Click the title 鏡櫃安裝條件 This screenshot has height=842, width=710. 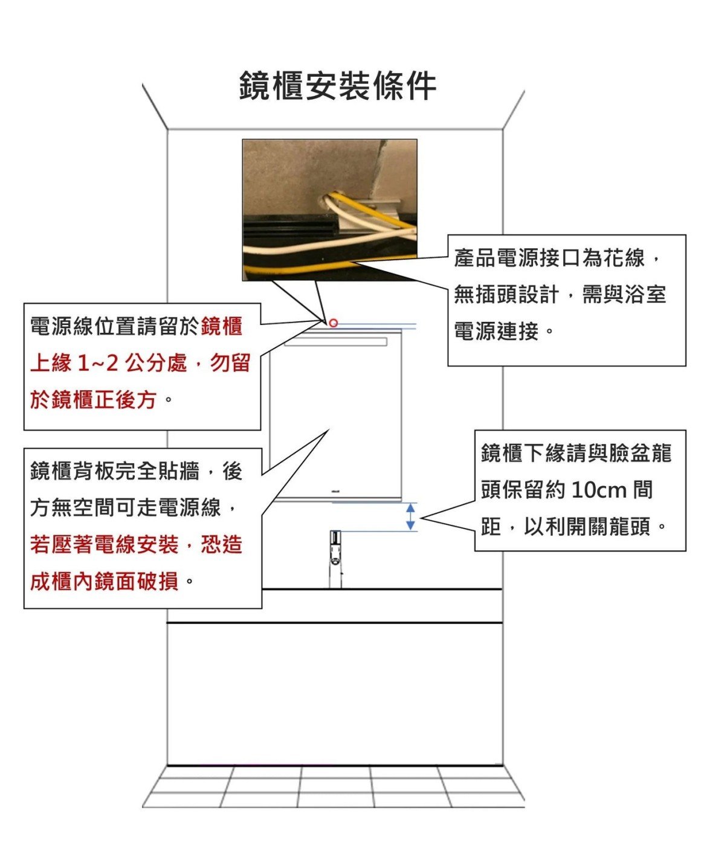point(338,86)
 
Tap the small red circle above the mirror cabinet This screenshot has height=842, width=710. point(333,323)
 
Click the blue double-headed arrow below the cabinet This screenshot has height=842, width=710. point(410,516)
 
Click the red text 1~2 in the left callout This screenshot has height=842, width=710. point(98,363)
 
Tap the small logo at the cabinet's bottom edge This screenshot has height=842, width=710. point(335,491)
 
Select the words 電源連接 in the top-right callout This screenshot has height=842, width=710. point(496,332)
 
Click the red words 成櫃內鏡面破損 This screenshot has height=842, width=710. point(104,582)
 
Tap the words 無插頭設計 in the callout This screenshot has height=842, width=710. point(507,294)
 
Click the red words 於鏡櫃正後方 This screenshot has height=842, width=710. point(93,400)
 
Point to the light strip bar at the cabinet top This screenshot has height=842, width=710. point(335,342)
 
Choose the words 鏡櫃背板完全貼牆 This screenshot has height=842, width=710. point(115,471)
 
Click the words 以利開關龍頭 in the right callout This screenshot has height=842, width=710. point(587,527)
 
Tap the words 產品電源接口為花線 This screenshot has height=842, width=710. point(549,257)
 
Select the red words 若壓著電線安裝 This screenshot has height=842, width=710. point(104,544)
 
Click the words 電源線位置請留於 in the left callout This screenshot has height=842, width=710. point(115,326)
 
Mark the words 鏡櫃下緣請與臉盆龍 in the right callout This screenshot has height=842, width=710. point(576,453)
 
